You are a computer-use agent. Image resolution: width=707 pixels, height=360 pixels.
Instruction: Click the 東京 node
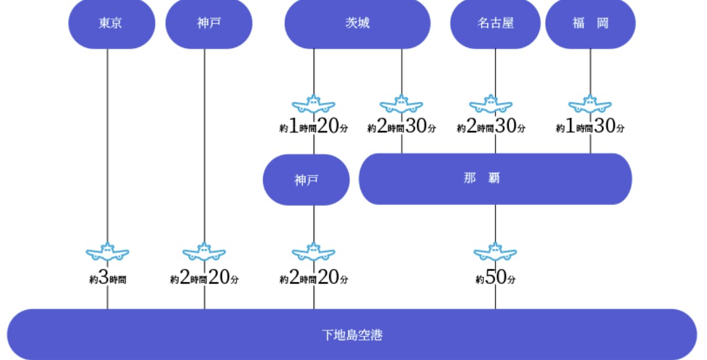coord(111,24)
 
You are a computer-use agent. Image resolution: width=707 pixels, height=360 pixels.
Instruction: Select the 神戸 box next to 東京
coord(209,24)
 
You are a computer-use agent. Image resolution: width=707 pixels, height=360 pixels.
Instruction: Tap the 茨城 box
coord(357,24)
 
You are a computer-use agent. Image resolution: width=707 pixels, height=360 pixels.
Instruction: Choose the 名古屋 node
coord(495,24)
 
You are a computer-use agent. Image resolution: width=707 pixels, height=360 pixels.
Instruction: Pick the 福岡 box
coord(591,24)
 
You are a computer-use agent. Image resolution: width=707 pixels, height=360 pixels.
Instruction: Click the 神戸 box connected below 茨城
coord(306,180)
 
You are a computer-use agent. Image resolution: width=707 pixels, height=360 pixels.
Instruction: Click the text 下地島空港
coord(352,335)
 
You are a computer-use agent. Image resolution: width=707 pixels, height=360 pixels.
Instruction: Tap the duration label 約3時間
coord(108,279)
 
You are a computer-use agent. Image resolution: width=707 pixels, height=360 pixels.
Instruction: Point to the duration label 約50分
coord(495,279)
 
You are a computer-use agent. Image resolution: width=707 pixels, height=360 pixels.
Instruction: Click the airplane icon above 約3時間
coord(107,252)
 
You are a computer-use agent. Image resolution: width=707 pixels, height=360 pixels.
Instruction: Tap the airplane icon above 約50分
coord(495,252)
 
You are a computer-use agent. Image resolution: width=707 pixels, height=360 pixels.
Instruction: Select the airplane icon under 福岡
coord(590,104)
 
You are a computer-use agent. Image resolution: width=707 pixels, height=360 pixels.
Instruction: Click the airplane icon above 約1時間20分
coord(314,104)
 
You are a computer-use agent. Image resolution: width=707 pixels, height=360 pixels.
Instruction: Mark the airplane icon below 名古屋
coord(491,104)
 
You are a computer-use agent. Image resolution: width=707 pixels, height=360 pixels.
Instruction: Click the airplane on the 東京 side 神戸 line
coord(204,252)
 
